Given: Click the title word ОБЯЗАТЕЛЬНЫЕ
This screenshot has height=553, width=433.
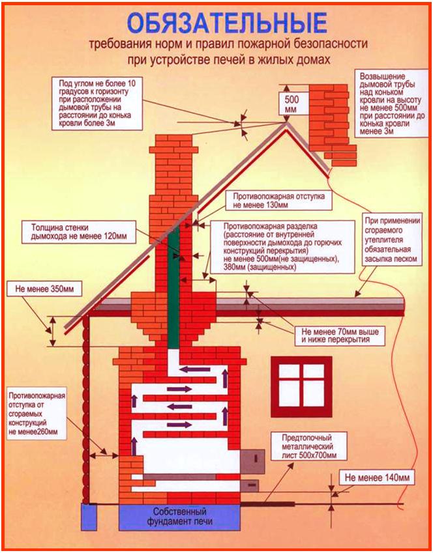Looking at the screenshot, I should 226,23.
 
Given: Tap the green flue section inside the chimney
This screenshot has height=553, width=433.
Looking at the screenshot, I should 173,287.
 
